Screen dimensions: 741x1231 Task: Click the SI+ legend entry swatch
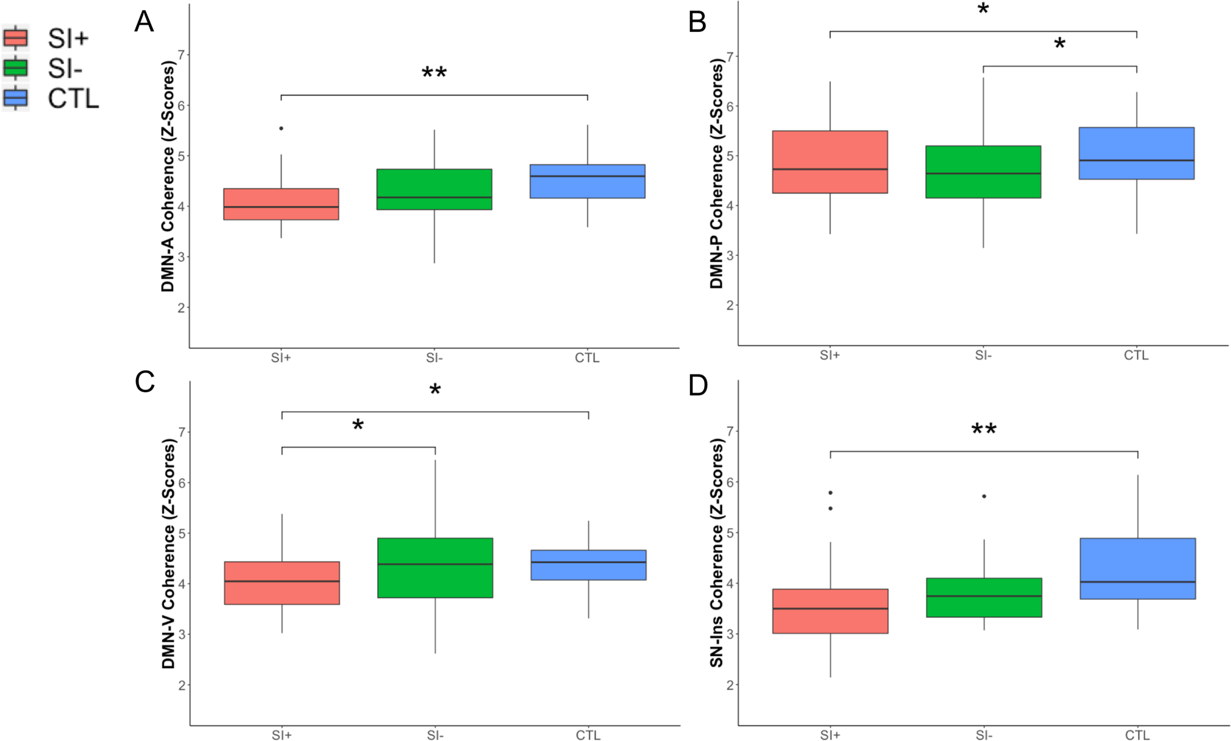(x=16, y=37)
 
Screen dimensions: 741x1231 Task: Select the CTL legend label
(x=73, y=99)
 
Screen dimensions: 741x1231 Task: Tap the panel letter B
(x=697, y=22)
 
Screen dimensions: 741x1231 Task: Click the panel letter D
(x=697, y=385)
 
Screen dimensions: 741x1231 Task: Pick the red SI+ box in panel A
(x=281, y=204)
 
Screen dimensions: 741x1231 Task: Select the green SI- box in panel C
(x=435, y=567)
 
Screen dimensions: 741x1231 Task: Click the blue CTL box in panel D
(x=1137, y=568)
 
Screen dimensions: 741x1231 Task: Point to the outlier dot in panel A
(x=281, y=129)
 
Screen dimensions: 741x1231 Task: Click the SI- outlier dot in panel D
(x=984, y=496)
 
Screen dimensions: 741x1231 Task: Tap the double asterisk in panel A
(x=434, y=73)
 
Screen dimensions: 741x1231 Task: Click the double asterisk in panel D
(x=984, y=429)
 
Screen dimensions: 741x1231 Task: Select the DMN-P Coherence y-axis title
(x=716, y=174)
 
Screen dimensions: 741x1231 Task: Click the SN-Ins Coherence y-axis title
(x=716, y=552)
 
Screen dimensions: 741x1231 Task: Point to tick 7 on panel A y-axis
(x=181, y=55)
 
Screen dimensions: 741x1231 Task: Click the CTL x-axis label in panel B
(x=1136, y=355)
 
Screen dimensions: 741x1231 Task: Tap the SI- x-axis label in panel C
(x=435, y=735)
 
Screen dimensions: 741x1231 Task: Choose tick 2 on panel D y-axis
(x=730, y=685)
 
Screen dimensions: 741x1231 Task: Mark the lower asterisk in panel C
(x=358, y=426)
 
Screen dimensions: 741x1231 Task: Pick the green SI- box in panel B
(x=983, y=172)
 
